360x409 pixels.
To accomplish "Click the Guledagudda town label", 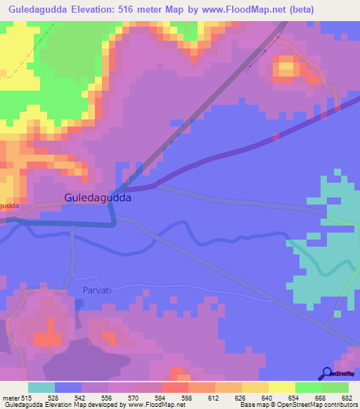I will (x=98, y=198).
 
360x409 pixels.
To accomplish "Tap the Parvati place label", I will (x=87, y=290).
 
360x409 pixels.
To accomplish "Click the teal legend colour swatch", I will (x=41, y=387).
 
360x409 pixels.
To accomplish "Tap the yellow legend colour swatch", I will (x=282, y=387).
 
